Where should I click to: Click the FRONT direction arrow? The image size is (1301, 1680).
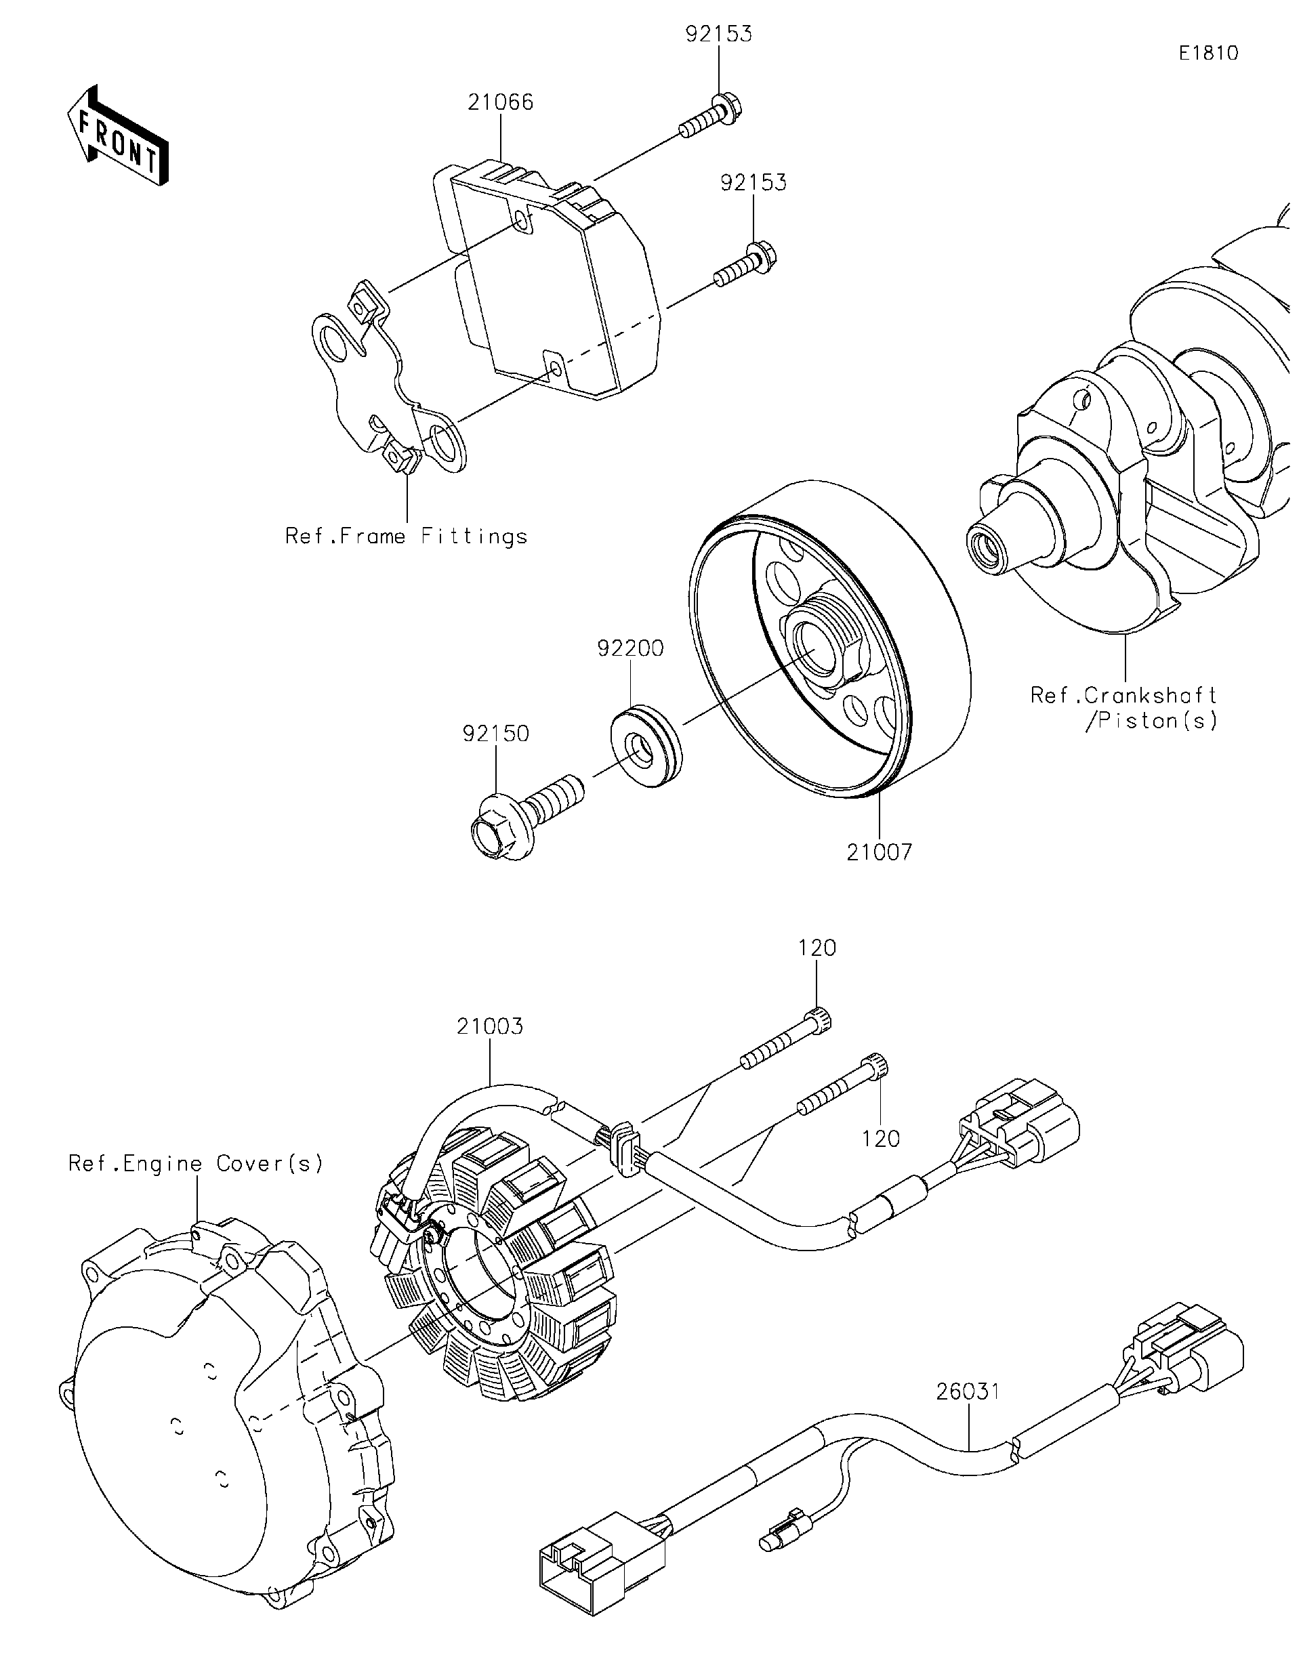point(117,136)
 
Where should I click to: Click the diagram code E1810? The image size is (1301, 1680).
point(1209,53)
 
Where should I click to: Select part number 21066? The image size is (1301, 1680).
point(500,102)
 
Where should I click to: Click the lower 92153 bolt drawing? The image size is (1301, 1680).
point(745,266)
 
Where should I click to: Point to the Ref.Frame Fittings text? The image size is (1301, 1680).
point(407,536)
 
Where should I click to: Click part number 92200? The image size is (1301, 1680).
point(630,648)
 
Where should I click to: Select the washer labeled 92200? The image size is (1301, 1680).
point(644,744)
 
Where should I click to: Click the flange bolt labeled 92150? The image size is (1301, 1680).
point(523,818)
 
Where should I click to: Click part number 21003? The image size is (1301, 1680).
point(489,1026)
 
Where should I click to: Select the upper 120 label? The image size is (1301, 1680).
point(817,948)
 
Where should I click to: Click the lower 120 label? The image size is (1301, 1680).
point(881,1139)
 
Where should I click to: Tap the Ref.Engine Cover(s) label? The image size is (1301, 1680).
point(197,1163)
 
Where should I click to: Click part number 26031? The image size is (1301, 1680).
point(968,1391)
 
